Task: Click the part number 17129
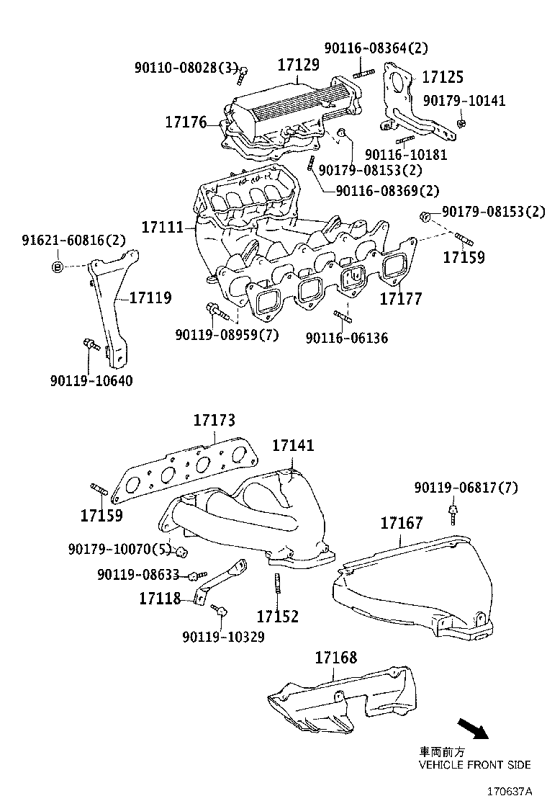[x=299, y=65]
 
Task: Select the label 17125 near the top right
[x=442, y=77]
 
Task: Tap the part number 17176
[x=186, y=122]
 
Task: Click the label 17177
[x=401, y=297]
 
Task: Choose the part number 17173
[x=214, y=420]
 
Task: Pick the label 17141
[x=293, y=446]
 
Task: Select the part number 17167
[x=402, y=523]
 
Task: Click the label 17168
[x=335, y=657]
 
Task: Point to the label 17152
[x=278, y=617]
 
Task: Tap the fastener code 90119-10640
[x=91, y=381]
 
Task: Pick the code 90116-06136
[x=346, y=337]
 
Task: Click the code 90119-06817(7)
[x=466, y=488]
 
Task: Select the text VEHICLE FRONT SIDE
[x=474, y=764]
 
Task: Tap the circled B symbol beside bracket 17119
[x=56, y=267]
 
